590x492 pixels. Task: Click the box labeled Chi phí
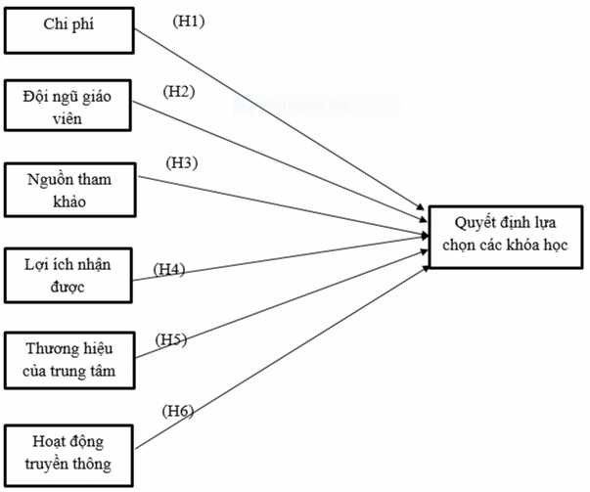coord(68,29)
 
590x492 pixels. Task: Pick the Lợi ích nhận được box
coord(68,275)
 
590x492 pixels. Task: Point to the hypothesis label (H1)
coord(188,20)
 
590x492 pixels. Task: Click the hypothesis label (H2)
coord(179,92)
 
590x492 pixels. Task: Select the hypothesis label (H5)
coord(172,339)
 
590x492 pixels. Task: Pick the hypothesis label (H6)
coord(177,411)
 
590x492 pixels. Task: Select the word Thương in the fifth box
coord(47,349)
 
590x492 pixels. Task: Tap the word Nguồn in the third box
coord(48,179)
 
